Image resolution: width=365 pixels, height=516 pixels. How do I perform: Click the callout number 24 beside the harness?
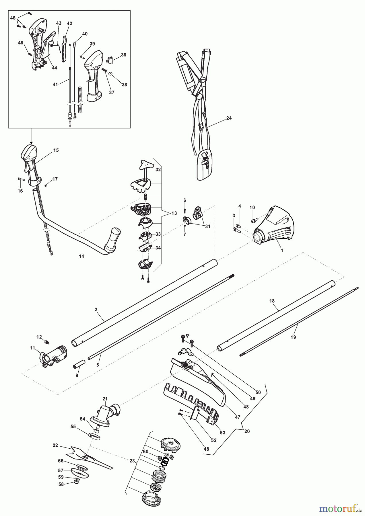click(229, 118)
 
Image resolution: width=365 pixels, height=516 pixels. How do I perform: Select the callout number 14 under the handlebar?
click(81, 256)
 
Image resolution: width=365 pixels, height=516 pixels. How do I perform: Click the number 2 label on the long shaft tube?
click(96, 310)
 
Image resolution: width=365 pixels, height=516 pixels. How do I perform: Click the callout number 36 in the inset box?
click(123, 55)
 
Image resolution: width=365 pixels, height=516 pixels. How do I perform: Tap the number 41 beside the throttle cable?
click(55, 84)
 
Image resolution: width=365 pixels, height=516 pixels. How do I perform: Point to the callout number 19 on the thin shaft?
click(293, 337)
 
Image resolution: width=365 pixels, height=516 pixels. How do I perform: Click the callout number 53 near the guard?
click(222, 433)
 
